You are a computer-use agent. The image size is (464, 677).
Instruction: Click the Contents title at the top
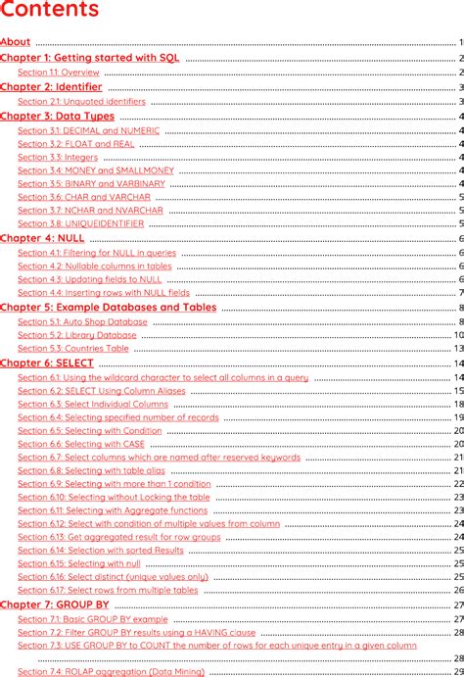tap(50, 11)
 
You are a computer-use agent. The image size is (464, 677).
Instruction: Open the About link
tap(16, 42)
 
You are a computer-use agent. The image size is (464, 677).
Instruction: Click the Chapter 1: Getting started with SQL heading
tap(90, 58)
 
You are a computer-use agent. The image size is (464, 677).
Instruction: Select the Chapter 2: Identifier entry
tap(51, 87)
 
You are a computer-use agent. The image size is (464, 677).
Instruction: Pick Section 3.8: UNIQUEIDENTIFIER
tap(80, 223)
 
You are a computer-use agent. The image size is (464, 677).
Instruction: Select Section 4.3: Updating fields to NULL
tap(90, 279)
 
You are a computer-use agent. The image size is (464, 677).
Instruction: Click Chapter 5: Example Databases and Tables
tap(108, 307)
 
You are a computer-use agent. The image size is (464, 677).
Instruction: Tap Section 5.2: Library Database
tap(77, 335)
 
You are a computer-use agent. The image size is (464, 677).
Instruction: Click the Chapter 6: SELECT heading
tap(47, 363)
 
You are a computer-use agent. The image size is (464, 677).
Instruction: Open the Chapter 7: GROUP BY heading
tap(55, 605)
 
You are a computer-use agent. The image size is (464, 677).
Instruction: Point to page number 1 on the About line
tap(460, 42)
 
